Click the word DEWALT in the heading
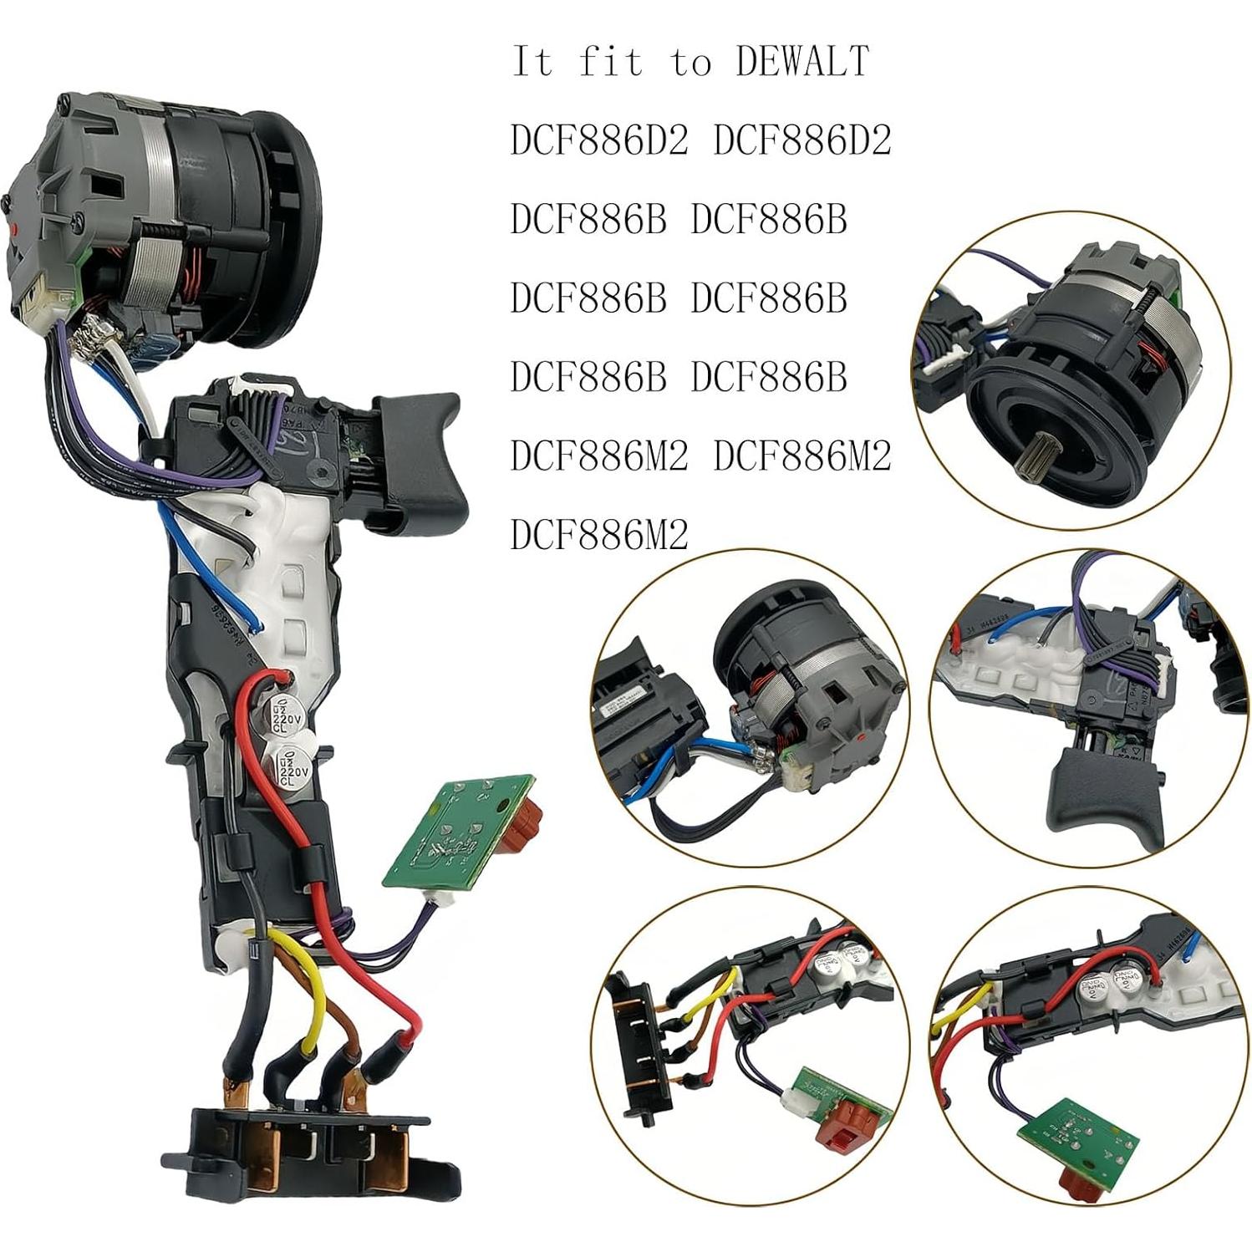(802, 62)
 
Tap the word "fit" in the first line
(610, 62)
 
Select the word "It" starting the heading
(532, 62)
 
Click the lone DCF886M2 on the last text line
(599, 534)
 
